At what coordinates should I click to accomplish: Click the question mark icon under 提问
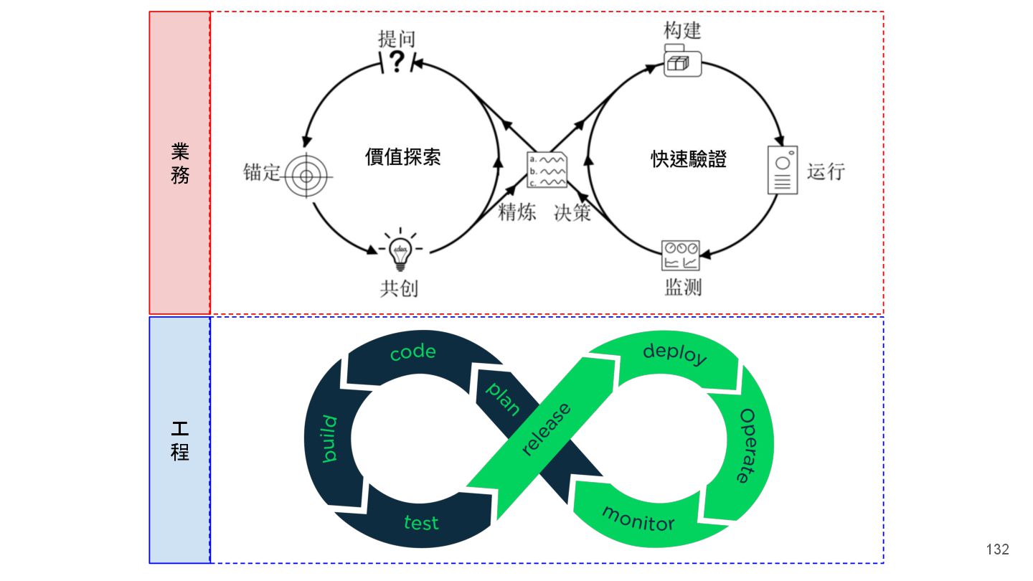point(396,62)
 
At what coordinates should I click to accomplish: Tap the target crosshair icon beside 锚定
point(305,173)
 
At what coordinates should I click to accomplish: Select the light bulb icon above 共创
point(399,250)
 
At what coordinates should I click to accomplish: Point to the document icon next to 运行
point(782,170)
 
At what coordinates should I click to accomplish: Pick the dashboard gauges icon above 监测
point(680,255)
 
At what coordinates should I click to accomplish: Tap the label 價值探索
point(403,158)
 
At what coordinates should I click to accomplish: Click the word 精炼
point(517,212)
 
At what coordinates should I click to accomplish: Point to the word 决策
point(572,212)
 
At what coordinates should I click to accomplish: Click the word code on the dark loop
point(413,352)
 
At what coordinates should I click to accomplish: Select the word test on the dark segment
point(421,521)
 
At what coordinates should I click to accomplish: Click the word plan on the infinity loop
point(503,397)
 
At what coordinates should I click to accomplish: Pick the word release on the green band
point(547,430)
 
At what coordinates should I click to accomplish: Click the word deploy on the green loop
point(674,354)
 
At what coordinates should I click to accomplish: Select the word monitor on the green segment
point(638,519)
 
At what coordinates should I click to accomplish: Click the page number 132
point(998,549)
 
